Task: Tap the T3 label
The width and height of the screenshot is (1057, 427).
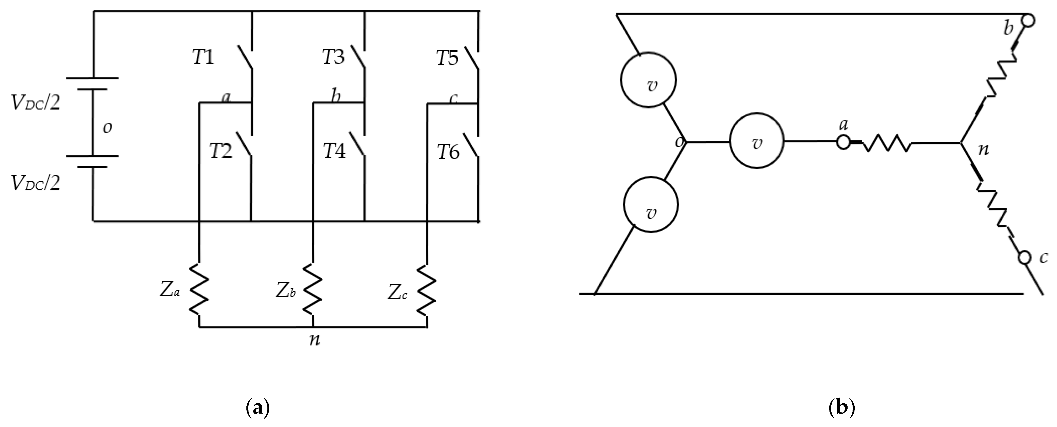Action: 333,57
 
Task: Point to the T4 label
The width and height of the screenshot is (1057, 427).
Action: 334,151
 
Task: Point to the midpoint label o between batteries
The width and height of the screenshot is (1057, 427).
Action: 107,128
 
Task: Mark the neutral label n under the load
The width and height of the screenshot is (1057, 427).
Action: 315,340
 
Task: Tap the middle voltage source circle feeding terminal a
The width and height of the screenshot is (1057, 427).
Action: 757,141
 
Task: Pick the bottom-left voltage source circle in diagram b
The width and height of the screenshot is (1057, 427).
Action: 651,205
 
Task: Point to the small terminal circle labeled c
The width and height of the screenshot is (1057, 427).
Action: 1024,257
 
